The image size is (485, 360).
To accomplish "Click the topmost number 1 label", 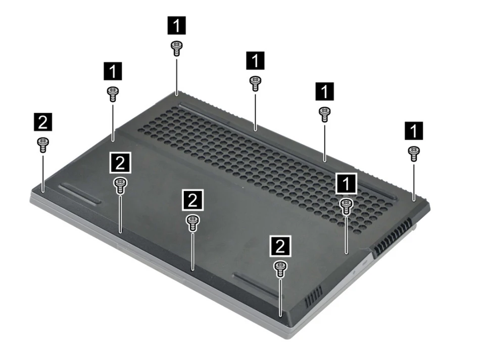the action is coord(177,25).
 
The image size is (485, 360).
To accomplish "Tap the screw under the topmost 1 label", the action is coord(176,49).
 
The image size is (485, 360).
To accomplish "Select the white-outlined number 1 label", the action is coord(346,184).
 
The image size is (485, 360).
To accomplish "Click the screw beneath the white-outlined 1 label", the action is coord(346,207).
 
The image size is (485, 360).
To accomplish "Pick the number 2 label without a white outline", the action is coord(42,122).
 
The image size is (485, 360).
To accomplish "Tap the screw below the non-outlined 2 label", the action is coord(42,145).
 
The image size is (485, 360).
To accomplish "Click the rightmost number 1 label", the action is coord(414,130).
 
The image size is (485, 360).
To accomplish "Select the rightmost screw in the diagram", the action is coord(414,154).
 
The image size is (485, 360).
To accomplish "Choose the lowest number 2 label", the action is coord(280,246).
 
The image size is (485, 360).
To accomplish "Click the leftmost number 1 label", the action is coord(113,71).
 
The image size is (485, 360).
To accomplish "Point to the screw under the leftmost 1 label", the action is coord(113,94).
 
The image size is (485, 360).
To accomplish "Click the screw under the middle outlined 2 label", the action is coord(192,223).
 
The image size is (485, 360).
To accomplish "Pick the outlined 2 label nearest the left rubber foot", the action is coord(120,162).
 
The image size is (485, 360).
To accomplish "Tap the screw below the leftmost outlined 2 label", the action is coord(120,186).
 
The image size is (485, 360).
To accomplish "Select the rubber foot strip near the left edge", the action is coord(80,194).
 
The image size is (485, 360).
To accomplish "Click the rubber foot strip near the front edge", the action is coord(257,285).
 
